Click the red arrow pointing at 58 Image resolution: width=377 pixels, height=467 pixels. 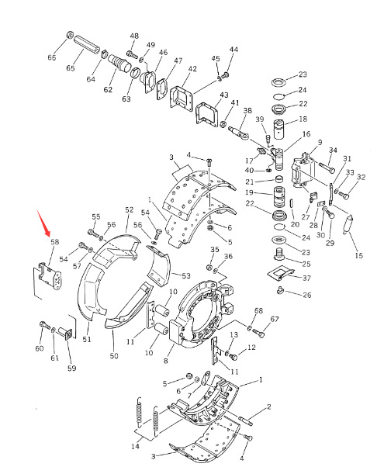point(43,223)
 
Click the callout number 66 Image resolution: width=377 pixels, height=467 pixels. point(52,57)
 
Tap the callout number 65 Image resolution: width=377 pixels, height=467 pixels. point(71,68)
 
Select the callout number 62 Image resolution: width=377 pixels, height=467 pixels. point(108,89)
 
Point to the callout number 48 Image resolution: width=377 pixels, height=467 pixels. point(134,36)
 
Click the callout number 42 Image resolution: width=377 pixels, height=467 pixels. point(192,69)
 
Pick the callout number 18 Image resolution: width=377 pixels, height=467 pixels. point(303,119)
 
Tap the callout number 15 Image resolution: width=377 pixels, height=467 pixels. point(359,255)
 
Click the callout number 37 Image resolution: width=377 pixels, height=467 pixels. point(306,278)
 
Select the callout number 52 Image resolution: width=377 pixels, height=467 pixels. point(130,209)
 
